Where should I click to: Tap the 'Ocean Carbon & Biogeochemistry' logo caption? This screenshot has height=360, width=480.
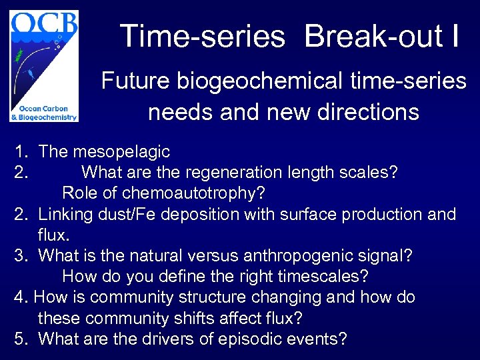44,113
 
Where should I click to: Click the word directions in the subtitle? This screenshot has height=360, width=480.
373,111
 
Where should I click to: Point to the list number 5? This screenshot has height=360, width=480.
20,339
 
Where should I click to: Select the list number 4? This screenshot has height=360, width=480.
20,297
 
